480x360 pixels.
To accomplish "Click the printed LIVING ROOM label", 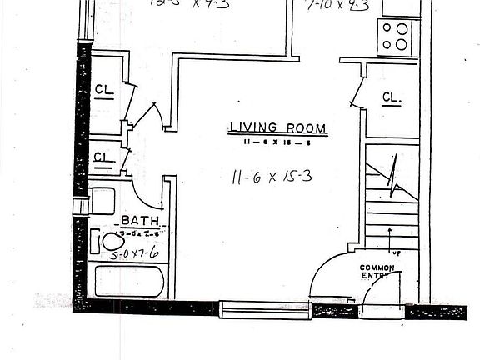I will click(277, 128).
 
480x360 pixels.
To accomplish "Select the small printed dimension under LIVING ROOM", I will click(277, 142).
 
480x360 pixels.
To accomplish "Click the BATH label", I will click(135, 220).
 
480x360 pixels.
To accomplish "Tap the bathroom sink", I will click(102, 201).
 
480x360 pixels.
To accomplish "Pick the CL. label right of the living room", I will click(392, 97).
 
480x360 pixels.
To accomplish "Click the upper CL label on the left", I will click(104, 90).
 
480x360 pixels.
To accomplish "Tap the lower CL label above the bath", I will click(103, 156).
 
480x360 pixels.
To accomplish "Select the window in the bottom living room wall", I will click(264, 310).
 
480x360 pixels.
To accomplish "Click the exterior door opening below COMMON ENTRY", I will click(384, 311).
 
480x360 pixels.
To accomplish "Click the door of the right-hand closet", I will click(357, 88).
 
